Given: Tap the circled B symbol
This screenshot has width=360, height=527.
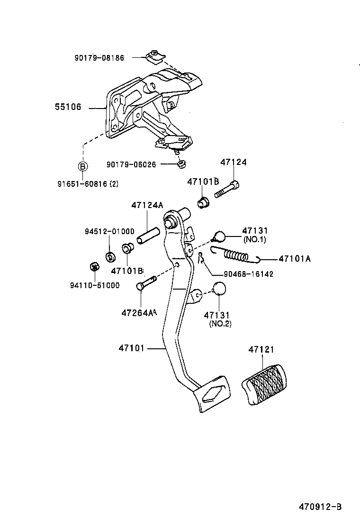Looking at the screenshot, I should coord(82,166).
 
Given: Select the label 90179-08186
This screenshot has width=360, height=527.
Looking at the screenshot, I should coord(99,58).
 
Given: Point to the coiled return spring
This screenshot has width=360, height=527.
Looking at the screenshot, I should coord(236,255).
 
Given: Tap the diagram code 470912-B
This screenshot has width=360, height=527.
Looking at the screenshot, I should coord(320,507).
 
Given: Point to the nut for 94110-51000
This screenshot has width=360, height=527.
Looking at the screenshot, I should coord(94,266).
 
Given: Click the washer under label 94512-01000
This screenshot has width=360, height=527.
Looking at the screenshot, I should coord(110,257).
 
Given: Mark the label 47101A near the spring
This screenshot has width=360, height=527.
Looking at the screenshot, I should coord(295,259).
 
